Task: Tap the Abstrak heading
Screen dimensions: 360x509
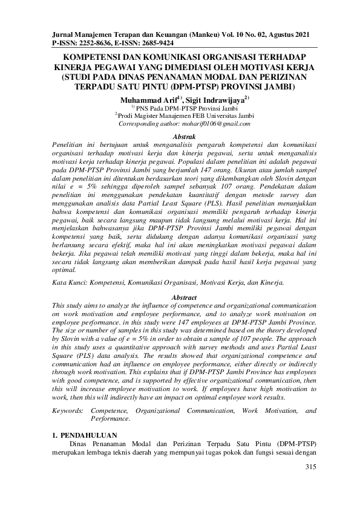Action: [x=180, y=138]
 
